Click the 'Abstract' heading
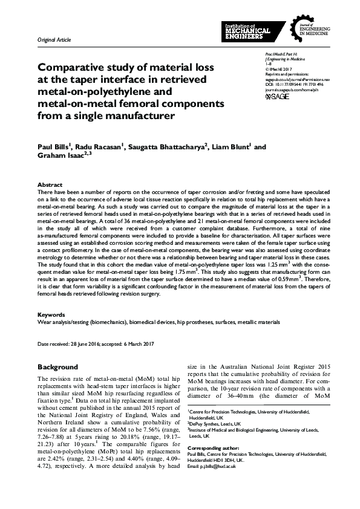(x=50, y=184)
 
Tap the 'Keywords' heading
(x=51, y=315)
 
